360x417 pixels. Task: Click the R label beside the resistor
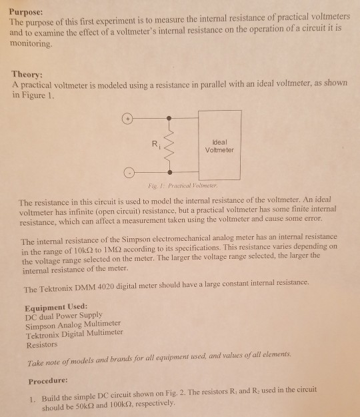click(156, 141)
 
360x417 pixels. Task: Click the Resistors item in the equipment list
click(41, 345)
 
